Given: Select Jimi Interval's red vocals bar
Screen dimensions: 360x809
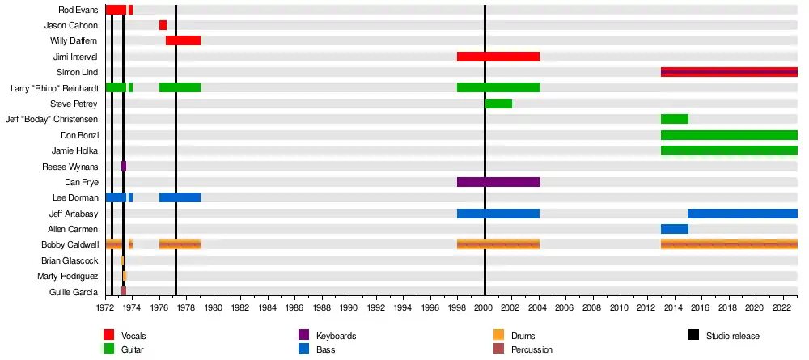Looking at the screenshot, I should [498, 57].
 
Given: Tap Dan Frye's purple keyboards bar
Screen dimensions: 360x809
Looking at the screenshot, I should [498, 182].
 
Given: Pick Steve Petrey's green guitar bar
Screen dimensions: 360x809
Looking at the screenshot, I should [498, 104].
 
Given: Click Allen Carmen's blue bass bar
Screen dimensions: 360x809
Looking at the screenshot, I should [674, 229].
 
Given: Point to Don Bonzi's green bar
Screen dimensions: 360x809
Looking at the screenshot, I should [728, 135].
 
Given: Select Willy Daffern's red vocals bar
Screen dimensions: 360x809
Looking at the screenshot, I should [183, 40].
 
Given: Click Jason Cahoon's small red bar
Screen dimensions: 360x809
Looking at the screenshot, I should [163, 25].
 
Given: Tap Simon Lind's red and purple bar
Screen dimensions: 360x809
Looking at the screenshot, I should [728, 72].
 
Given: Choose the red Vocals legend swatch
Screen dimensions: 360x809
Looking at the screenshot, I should [108, 336].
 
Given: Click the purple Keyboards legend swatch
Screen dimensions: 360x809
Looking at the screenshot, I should [303, 336].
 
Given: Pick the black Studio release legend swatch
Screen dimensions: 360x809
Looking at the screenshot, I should [693, 336].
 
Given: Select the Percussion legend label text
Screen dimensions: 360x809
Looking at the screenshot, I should [532, 350].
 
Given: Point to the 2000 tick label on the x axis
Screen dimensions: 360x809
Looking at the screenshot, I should [485, 307].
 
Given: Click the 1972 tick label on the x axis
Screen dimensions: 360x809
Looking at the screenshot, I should [105, 307].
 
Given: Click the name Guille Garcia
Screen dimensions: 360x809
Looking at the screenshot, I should [74, 292].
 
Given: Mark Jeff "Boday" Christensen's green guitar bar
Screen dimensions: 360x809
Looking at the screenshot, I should [674, 119].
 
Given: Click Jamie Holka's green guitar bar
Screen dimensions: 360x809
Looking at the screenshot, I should [728, 150].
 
